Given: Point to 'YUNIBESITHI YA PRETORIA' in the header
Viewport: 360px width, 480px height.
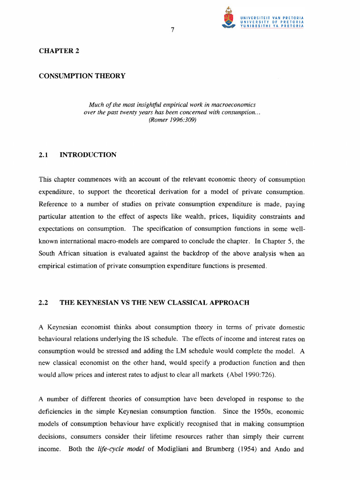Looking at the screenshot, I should click(x=272, y=26).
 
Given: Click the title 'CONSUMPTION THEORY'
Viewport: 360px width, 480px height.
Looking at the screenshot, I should click(x=82, y=76).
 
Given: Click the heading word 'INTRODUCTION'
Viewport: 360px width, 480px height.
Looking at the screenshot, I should click(x=88, y=155).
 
